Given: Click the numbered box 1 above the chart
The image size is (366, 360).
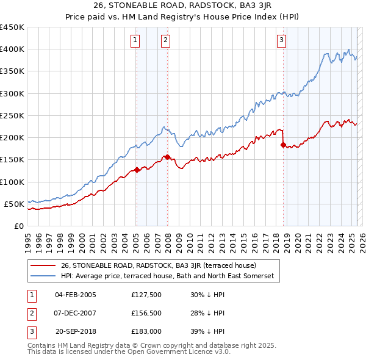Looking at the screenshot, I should coord(134,41).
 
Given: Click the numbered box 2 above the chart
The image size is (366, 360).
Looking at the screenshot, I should coord(165,41).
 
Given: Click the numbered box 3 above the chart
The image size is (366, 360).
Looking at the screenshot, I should coord(281,41).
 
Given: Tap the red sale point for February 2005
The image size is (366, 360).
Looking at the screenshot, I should coord(137,170).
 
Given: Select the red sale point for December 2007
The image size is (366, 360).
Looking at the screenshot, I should coord(167,157).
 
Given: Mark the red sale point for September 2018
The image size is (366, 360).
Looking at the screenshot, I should coord(283,145).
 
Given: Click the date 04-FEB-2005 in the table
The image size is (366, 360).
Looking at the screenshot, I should coord(76,295).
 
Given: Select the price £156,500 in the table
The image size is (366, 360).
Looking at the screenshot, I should coord(146,313).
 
